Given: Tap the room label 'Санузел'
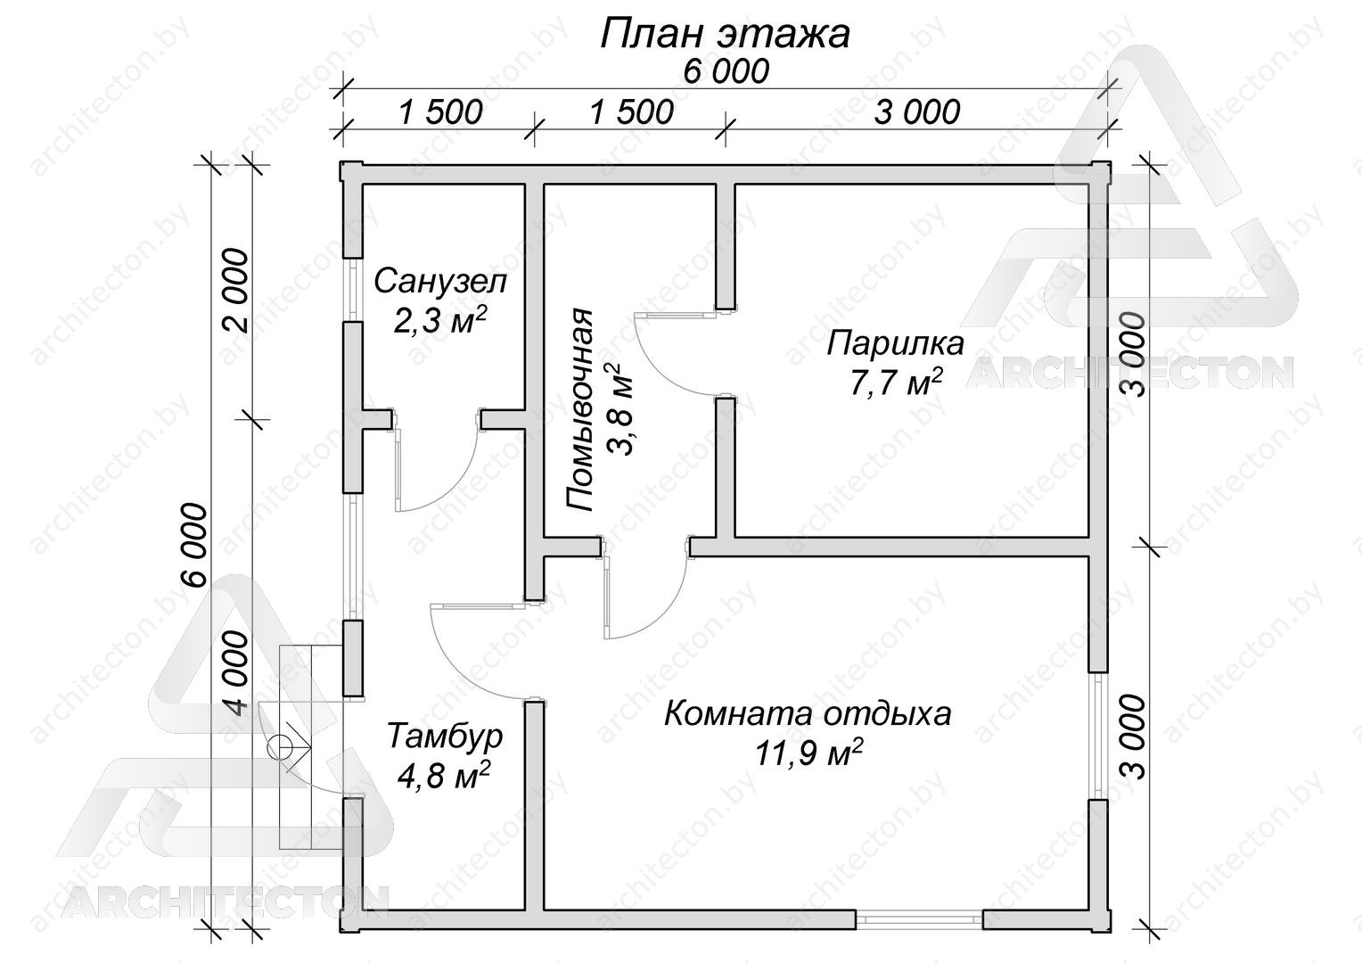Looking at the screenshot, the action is point(439,283).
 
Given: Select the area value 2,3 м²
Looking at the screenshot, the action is point(439,320).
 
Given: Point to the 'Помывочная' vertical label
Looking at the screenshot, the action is point(579,412).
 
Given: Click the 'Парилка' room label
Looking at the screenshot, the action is point(895,343).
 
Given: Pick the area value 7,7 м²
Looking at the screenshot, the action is point(895,382).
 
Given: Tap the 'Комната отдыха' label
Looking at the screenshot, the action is point(808,713).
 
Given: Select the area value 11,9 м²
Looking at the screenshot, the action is point(808,753).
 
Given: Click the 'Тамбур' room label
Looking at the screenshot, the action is point(445,737).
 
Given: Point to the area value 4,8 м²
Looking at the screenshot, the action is point(444,775).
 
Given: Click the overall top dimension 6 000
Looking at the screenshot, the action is point(726,72).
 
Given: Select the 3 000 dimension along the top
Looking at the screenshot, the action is point(917,112).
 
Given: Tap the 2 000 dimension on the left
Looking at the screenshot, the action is point(236,291).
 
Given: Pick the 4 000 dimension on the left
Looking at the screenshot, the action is point(236,672).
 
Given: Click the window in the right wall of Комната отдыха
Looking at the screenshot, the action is point(1097,736).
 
